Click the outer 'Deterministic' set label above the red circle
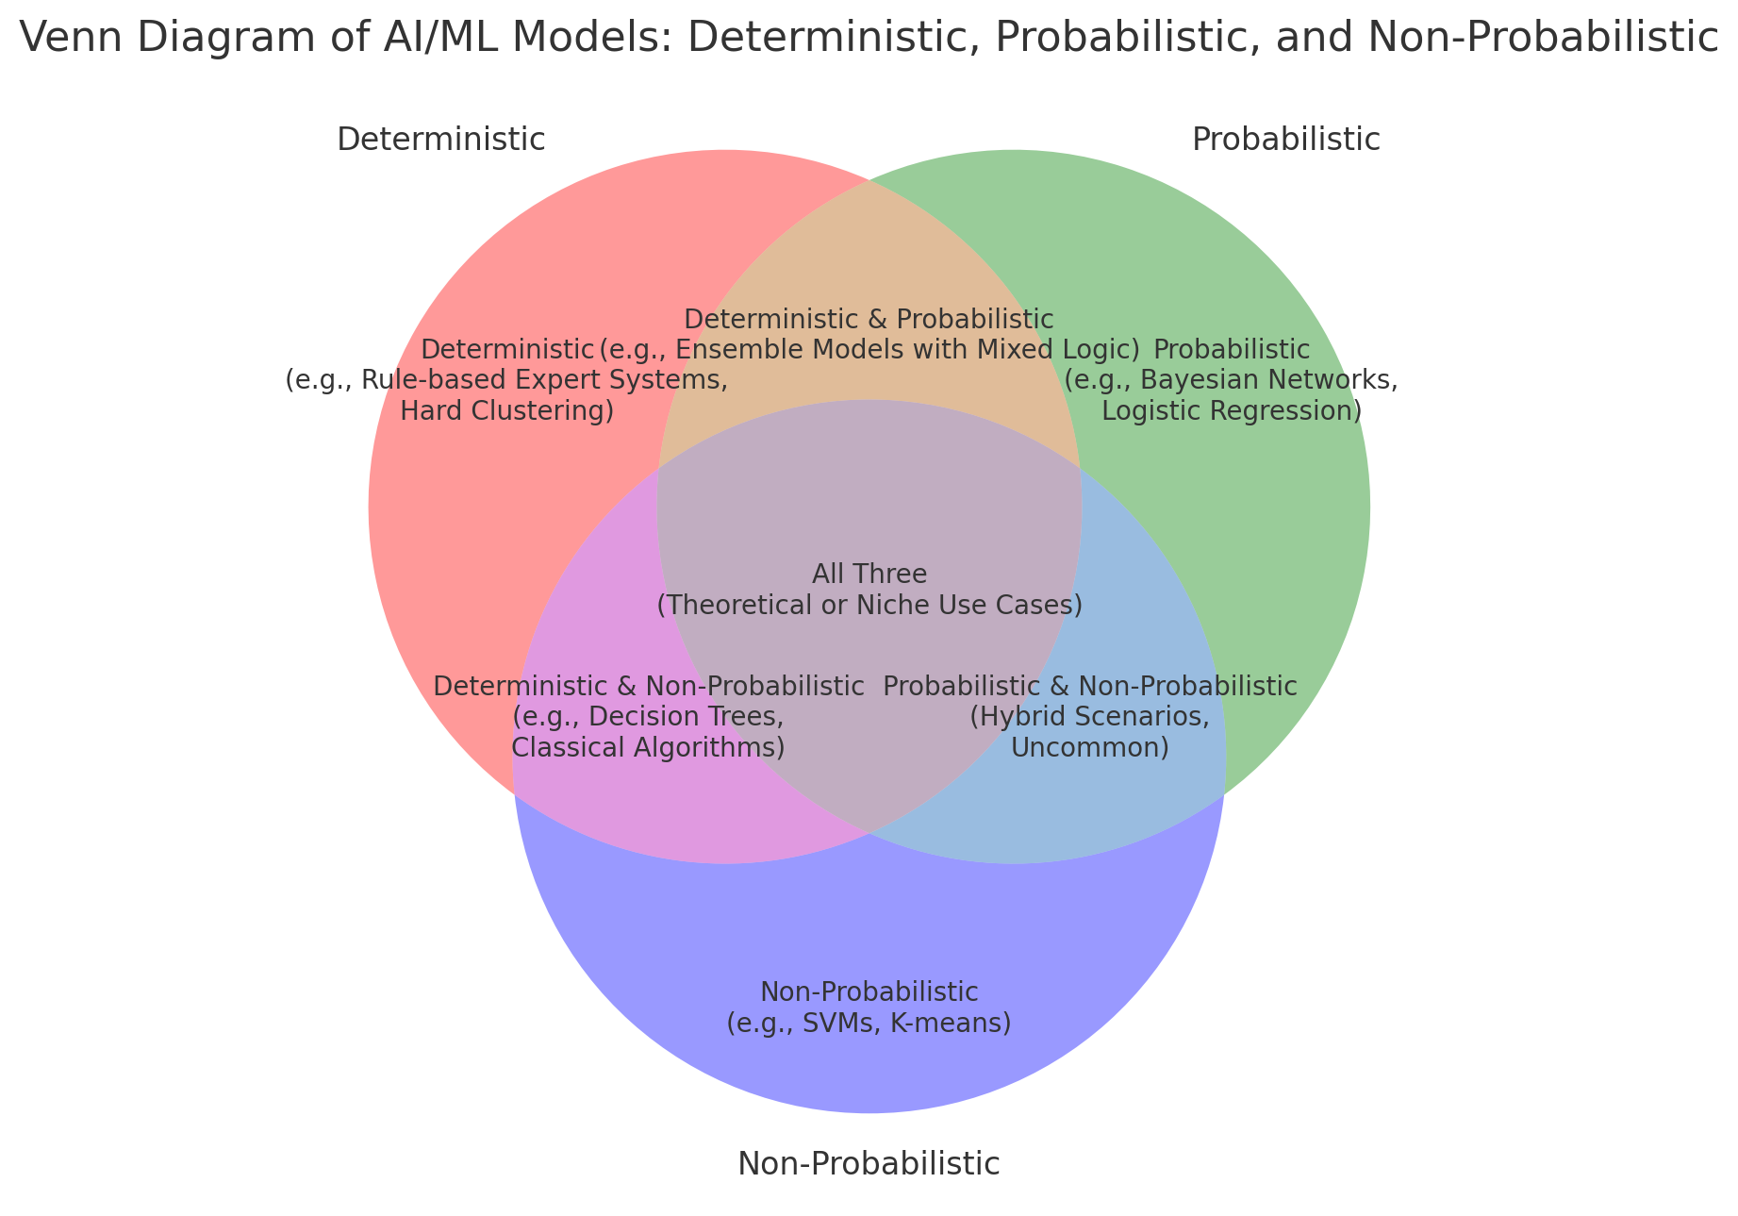440,140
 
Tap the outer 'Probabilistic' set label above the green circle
1285,140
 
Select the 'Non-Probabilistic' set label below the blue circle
868,1164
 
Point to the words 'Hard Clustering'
506,411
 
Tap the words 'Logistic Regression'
1230,411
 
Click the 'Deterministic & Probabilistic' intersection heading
869,320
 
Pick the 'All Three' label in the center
869,574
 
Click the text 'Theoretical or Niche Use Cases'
869,605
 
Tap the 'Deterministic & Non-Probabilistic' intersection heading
648,686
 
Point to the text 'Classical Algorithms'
647,748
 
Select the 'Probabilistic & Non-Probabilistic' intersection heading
1089,686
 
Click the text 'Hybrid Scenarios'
1089,717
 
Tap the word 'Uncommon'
1089,748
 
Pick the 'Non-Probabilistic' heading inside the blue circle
869,992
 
